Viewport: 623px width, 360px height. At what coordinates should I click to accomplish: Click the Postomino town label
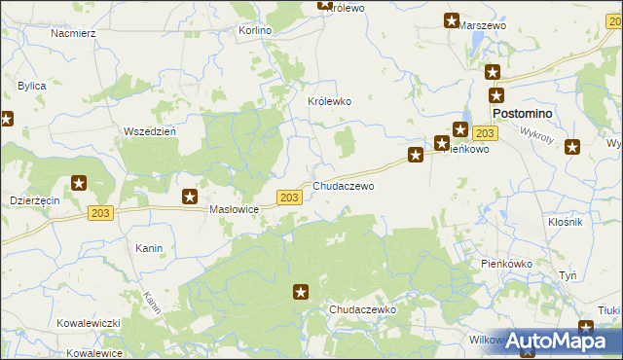(x=522, y=114)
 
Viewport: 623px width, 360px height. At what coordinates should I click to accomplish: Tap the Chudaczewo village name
(x=343, y=185)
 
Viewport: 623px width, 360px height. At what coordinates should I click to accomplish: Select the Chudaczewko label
(x=362, y=308)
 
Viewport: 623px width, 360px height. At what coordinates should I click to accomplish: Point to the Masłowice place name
(x=234, y=209)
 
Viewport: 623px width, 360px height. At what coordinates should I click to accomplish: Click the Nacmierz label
(x=73, y=32)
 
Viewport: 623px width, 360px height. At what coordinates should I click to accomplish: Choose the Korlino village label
(x=255, y=30)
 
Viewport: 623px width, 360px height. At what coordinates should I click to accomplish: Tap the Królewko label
(x=329, y=101)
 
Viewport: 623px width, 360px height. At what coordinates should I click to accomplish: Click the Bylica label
(x=32, y=86)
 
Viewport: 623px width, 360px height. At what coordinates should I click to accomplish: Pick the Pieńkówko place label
(x=506, y=263)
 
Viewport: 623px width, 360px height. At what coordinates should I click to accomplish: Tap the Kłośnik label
(x=565, y=223)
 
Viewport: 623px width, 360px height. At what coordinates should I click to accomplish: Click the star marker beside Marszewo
(x=452, y=20)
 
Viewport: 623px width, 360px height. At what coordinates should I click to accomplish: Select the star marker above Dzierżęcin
(x=79, y=182)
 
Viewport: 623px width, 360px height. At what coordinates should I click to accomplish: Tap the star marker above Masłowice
(x=191, y=196)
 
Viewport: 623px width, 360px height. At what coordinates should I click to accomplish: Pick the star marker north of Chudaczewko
(x=302, y=291)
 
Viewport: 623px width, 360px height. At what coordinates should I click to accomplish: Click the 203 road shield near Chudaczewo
(x=288, y=198)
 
